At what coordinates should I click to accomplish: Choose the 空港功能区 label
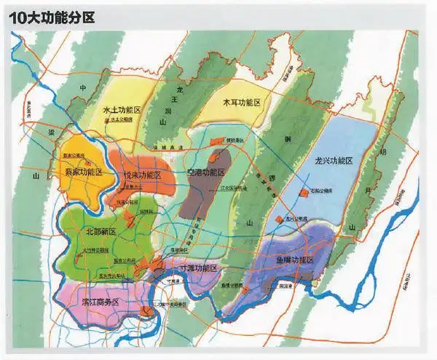click(x=207, y=173)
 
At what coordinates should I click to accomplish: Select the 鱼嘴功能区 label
click(x=294, y=260)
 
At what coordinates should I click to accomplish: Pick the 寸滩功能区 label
click(x=194, y=267)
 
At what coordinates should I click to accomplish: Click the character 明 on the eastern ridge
click(x=383, y=152)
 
